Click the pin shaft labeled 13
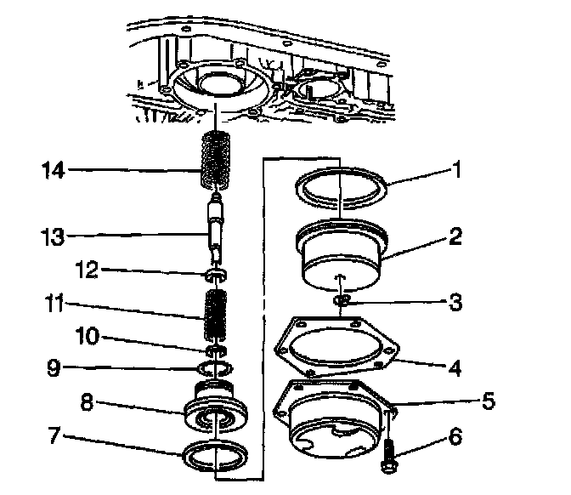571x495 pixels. click(217, 234)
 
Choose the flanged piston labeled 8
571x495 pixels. click(216, 412)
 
